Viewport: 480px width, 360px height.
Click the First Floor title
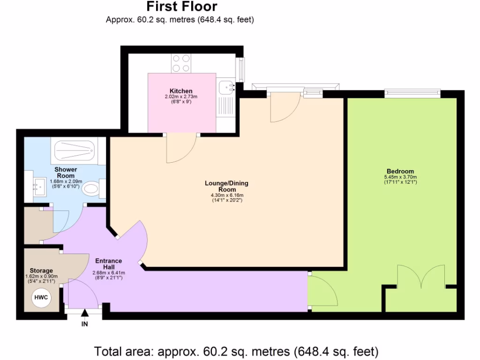[181, 7]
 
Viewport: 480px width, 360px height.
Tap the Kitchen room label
[181, 91]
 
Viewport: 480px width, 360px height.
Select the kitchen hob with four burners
[181, 63]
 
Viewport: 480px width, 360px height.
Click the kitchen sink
[227, 87]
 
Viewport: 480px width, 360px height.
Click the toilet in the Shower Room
[91, 189]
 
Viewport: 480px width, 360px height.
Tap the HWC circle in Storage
[41, 298]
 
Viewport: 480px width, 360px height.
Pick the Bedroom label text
[400, 171]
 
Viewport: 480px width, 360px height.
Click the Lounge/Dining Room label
[226, 186]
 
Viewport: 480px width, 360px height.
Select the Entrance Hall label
[108, 264]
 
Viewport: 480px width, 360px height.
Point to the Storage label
[41, 270]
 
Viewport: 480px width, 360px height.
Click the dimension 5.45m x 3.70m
[400, 177]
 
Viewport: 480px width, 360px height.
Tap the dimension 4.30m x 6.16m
[226, 195]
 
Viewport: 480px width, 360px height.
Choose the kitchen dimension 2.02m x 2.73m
[181, 97]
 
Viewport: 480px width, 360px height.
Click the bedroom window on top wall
[412, 94]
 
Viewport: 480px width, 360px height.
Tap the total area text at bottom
[236, 351]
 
